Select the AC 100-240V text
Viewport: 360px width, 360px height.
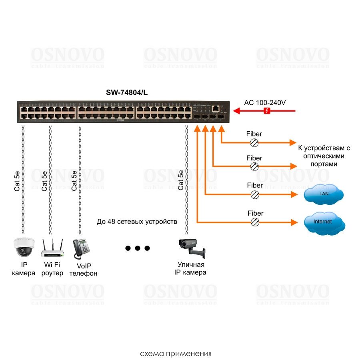coord(265,102)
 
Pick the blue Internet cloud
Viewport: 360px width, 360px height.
coord(323,222)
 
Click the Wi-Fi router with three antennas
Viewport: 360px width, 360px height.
coord(52,248)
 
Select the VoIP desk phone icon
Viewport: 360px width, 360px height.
coord(80,248)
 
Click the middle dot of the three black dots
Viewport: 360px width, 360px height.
coord(138,248)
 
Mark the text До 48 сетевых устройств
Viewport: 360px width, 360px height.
coord(136,221)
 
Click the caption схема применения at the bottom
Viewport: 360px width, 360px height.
coord(176,354)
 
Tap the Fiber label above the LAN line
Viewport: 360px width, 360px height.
coord(255,185)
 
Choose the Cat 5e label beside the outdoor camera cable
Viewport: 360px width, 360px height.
coord(181,180)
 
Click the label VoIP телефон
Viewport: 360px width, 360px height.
coord(83,270)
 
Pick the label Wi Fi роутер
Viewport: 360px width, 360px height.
coord(52,269)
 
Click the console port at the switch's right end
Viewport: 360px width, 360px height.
coord(216,108)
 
